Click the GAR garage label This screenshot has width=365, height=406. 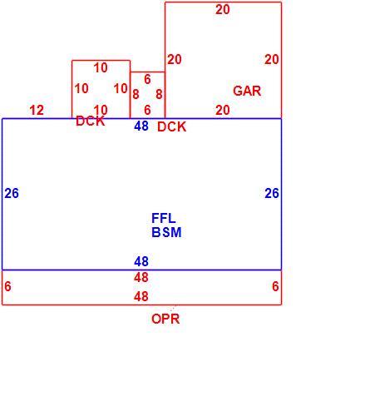pyautogui.click(x=247, y=91)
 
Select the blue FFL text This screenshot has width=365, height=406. pyautogui.click(x=164, y=218)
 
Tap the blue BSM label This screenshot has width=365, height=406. pyautogui.click(x=166, y=232)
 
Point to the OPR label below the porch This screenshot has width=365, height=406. pyautogui.click(x=165, y=319)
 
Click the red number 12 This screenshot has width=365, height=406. pyautogui.click(x=37, y=111)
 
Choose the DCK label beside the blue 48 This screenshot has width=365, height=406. pyautogui.click(x=172, y=126)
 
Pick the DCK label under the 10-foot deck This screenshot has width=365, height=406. pyautogui.click(x=91, y=121)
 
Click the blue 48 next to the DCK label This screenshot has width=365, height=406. pyautogui.click(x=141, y=126)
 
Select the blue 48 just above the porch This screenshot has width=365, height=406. pyautogui.click(x=141, y=261)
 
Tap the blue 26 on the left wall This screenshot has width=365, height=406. pyautogui.click(x=12, y=193)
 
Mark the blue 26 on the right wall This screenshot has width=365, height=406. pyautogui.click(x=272, y=193)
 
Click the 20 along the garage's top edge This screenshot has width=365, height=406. pyautogui.click(x=223, y=10)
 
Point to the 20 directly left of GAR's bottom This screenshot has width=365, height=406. pyautogui.click(x=223, y=111)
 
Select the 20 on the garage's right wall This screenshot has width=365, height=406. pyautogui.click(x=271, y=60)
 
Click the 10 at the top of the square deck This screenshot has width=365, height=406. pyautogui.click(x=101, y=68)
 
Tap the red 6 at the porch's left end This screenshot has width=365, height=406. pyautogui.click(x=7, y=286)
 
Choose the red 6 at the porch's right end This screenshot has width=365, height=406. pyautogui.click(x=275, y=286)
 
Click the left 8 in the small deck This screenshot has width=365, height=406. pyautogui.click(x=136, y=94)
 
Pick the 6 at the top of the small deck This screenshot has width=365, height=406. pyautogui.click(x=147, y=80)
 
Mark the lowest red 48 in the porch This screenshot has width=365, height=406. pyautogui.click(x=141, y=297)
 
